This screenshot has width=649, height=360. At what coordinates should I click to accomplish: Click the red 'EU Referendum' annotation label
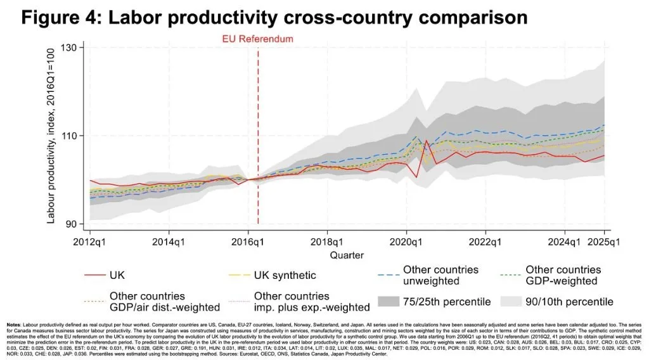click(x=257, y=39)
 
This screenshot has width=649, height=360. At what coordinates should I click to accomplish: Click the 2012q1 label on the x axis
click(x=90, y=242)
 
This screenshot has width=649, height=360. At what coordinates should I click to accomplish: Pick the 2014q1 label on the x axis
click(x=169, y=242)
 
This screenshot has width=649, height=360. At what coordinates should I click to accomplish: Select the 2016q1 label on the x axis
click(x=248, y=242)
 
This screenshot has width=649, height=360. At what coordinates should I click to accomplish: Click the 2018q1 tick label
click(x=327, y=242)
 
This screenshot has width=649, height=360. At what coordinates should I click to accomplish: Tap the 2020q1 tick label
click(x=406, y=242)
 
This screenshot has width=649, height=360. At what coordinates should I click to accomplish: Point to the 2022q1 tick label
click(x=485, y=242)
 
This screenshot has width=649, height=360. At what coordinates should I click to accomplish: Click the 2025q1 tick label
click(x=604, y=242)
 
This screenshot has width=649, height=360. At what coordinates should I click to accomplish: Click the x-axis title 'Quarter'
click(x=347, y=255)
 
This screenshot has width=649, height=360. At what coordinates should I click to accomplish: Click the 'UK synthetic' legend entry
click(x=285, y=276)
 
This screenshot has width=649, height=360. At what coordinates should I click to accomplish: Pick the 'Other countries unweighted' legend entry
click(x=440, y=276)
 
